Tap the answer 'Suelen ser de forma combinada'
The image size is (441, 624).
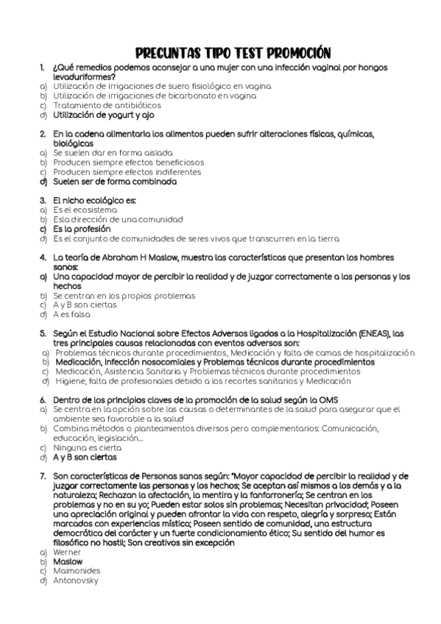click(115, 181)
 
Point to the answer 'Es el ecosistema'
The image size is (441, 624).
click(80, 210)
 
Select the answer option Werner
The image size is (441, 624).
click(67, 551)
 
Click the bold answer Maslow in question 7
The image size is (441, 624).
click(68, 561)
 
